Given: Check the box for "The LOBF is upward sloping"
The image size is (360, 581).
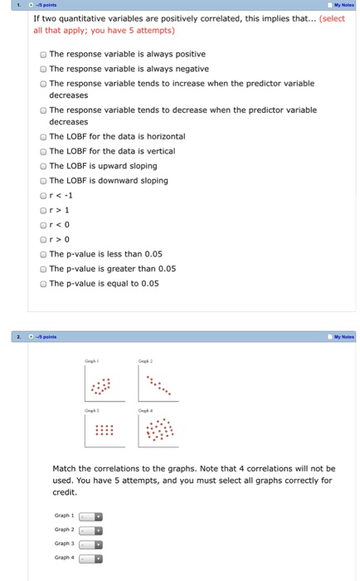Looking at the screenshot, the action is (x=43, y=166).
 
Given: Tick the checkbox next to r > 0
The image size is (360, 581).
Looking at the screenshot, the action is (x=43, y=240).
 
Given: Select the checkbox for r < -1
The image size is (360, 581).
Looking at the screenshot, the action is (x=43, y=196).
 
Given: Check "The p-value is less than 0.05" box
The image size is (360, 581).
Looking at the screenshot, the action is (x=43, y=254).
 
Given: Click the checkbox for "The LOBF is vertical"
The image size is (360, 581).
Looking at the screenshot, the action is (x=43, y=151).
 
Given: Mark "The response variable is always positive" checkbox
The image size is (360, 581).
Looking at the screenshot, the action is (x=43, y=54).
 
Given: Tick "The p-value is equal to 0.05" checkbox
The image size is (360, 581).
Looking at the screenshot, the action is (x=43, y=284).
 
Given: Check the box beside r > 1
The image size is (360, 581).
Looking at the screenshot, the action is (x=43, y=210).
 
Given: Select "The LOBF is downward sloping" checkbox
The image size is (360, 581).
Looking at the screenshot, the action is (x=43, y=181).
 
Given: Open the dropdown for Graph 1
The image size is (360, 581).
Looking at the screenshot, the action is (x=90, y=515).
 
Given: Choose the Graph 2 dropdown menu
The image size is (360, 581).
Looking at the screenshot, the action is (x=90, y=529).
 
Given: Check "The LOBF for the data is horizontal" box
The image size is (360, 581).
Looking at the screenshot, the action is (x=43, y=137).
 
